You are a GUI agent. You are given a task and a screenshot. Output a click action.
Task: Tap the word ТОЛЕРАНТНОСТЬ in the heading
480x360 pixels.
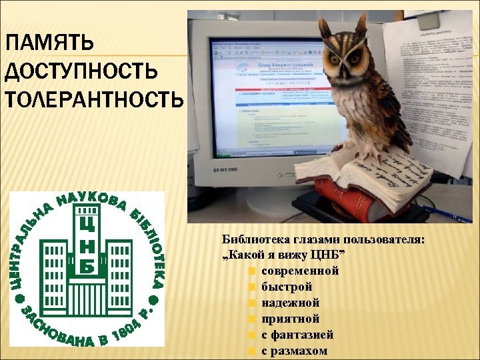(93, 101)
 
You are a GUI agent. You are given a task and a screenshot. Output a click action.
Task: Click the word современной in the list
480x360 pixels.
(300, 271)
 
